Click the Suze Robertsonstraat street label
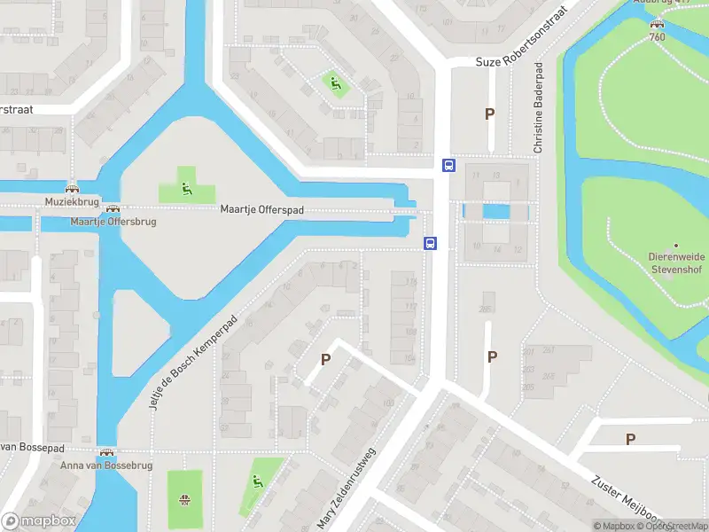point(521,61)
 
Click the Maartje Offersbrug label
point(113,221)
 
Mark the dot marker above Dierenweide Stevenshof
point(676,245)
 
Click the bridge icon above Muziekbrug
point(72,188)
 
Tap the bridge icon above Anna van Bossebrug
point(107,452)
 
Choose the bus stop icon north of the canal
point(448,164)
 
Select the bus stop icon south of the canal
point(431,244)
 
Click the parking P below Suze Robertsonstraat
point(489,113)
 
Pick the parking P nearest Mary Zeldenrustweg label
point(326,360)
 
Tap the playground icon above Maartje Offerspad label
point(186,186)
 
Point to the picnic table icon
point(185,499)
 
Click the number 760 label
point(657,36)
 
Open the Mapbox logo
point(38,521)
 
